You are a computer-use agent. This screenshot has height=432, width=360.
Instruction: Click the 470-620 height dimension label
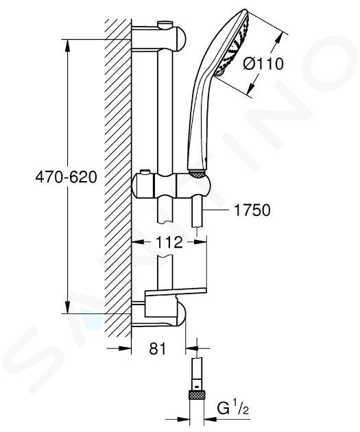click(66, 177)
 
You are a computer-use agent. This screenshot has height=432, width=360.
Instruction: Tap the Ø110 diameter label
click(263, 64)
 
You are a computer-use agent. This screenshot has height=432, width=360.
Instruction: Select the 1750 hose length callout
click(252, 211)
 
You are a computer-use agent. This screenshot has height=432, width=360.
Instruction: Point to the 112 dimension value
click(169, 243)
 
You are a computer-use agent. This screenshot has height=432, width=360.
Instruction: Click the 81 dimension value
click(158, 348)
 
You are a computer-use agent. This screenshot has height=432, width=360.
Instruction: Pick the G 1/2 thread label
click(232, 409)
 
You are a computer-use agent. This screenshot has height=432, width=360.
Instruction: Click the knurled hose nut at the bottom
click(197, 395)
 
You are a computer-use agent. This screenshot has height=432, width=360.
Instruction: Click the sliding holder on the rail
click(171, 185)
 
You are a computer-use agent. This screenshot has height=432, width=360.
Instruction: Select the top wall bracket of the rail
click(159, 38)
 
